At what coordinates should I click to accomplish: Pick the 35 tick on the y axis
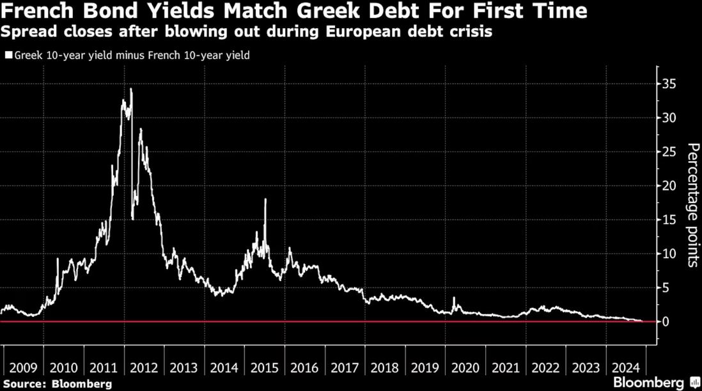click(x=669, y=84)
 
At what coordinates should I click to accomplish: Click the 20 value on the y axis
click(x=669, y=185)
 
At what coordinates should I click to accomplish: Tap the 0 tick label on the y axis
click(x=666, y=321)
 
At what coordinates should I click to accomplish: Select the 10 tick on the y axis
click(x=669, y=254)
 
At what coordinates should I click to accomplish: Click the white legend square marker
click(x=8, y=56)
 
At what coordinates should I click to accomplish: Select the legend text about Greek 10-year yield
click(x=131, y=56)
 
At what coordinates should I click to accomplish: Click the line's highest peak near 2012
click(x=131, y=89)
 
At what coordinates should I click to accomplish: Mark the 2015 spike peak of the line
click(x=265, y=200)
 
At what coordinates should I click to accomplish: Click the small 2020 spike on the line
click(x=454, y=298)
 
